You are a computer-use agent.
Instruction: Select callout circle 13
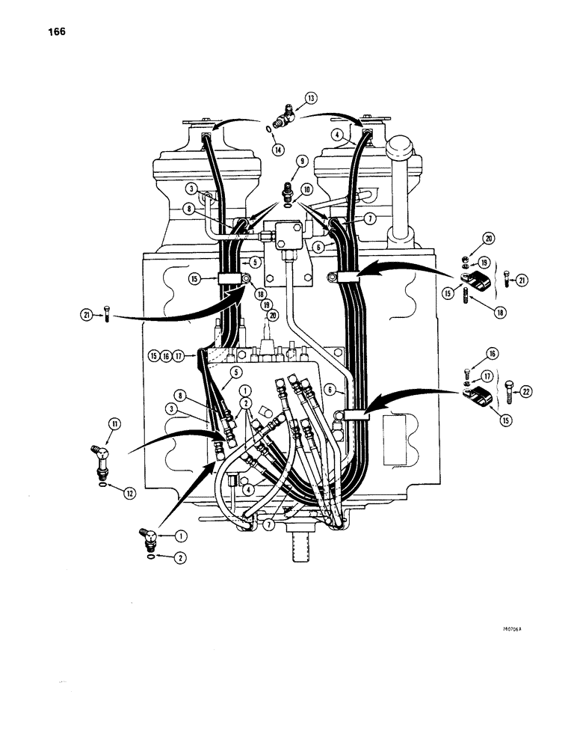(311, 97)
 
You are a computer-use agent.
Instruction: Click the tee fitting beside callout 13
(285, 115)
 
